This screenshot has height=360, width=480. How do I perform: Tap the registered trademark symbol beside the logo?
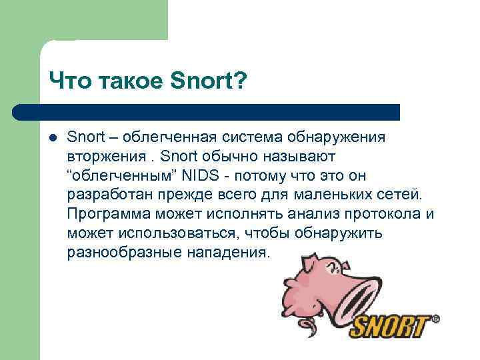tap(436, 319)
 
